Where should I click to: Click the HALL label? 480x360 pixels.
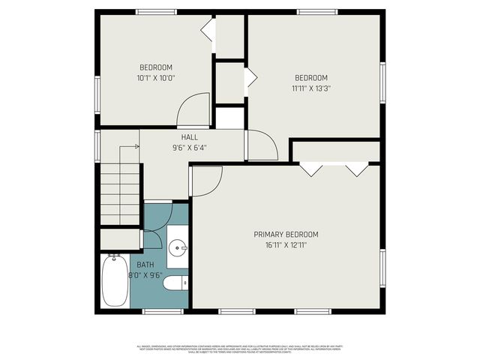tap(189, 137)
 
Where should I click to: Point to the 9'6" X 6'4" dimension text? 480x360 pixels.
tap(189, 148)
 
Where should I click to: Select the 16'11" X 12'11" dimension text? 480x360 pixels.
tap(286, 244)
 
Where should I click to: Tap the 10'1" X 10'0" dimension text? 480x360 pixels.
tap(156, 77)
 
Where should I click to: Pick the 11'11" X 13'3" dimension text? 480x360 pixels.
tap(310, 88)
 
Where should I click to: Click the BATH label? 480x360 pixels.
tap(145, 265)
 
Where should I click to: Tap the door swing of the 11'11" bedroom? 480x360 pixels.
tap(262, 145)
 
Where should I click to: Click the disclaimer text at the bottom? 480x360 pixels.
tap(239, 349)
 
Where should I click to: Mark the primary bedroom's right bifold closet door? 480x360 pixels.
tap(356, 169)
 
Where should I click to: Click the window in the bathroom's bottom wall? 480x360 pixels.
tap(163, 310)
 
